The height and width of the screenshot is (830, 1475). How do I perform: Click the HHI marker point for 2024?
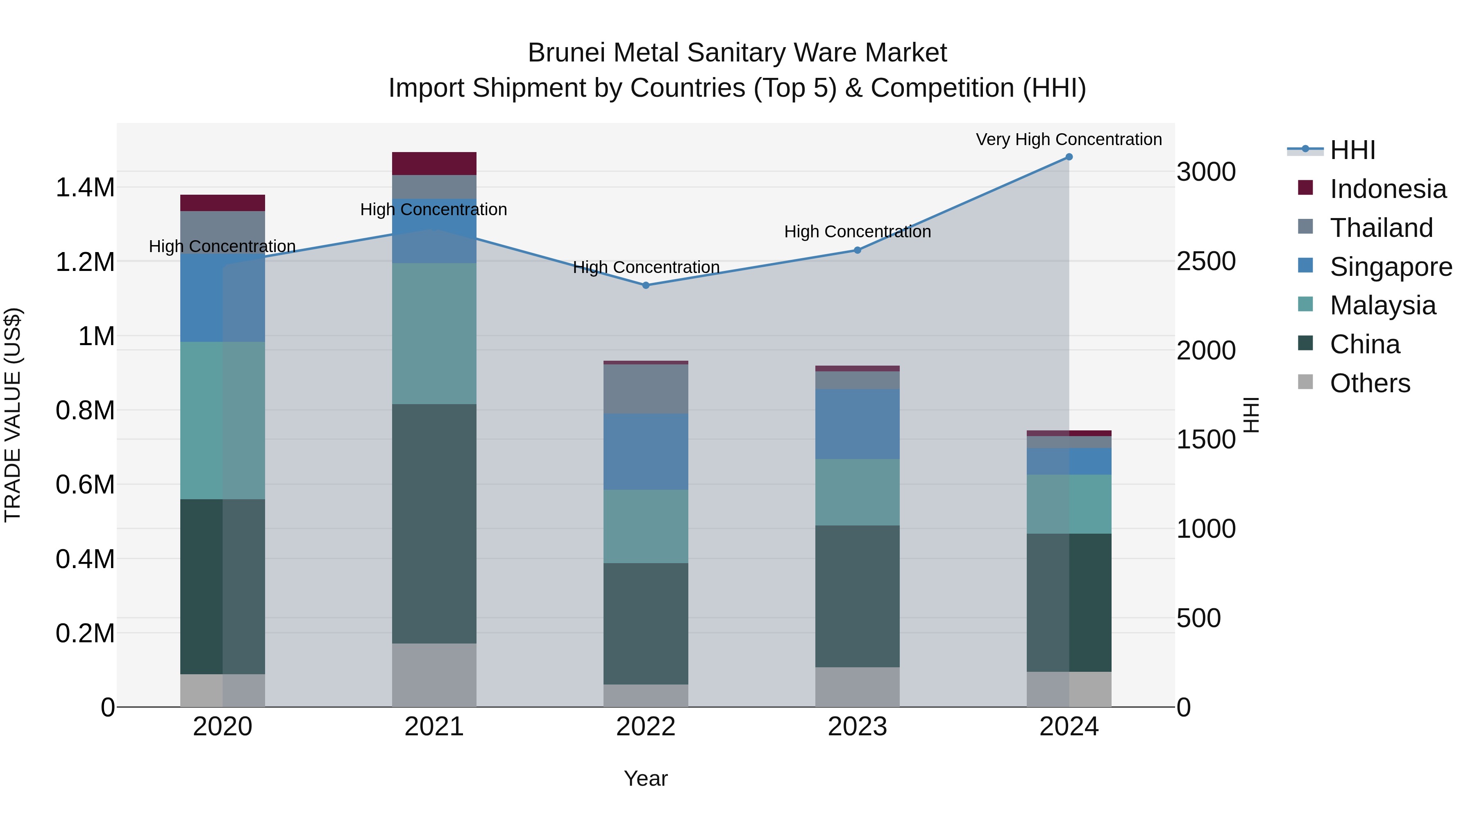click(x=1069, y=157)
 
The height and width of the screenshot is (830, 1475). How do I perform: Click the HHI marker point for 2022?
click(x=646, y=285)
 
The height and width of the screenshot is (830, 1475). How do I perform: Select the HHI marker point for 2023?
click(x=857, y=250)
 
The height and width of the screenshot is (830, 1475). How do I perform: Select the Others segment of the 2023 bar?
click(x=857, y=687)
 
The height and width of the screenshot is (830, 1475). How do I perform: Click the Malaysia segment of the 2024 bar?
click(x=1069, y=504)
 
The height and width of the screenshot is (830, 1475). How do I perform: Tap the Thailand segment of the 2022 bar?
click(x=646, y=389)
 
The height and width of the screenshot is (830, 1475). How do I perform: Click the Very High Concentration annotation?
click(x=1069, y=139)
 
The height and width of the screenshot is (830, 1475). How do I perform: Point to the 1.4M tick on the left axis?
click(x=85, y=188)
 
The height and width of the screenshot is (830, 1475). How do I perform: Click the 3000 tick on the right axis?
click(x=1206, y=172)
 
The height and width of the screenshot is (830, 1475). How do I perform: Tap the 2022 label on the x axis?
click(x=646, y=727)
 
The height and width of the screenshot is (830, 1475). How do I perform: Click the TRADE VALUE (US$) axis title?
click(x=13, y=415)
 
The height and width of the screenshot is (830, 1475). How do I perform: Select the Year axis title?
click(x=646, y=778)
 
